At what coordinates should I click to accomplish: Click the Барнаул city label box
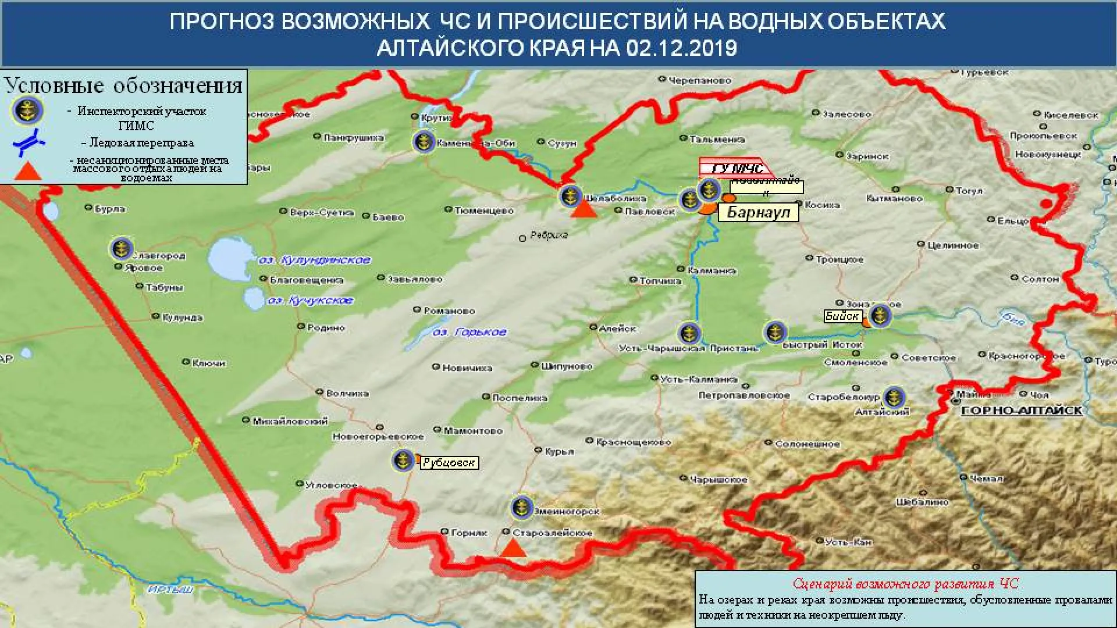[758, 212]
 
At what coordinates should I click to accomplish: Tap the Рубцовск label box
[449, 463]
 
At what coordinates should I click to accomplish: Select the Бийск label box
[842, 316]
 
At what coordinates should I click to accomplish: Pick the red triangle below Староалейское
[513, 548]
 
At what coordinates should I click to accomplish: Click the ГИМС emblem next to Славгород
[122, 249]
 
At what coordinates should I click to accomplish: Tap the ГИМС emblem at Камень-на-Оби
[424, 141]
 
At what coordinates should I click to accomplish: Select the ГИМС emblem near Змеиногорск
[522, 508]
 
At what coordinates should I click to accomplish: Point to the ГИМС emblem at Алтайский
[894, 398]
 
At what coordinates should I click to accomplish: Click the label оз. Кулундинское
[314, 260]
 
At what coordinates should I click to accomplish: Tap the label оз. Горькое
[469, 332]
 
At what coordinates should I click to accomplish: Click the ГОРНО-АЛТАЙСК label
[1022, 411]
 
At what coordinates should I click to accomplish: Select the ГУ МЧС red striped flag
[735, 168]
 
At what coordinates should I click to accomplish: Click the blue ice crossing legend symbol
[28, 142]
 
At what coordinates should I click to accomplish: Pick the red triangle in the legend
[28, 170]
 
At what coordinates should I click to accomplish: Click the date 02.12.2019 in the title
[682, 48]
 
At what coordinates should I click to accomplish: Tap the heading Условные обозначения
[123, 86]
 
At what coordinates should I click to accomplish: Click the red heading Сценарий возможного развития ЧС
[905, 584]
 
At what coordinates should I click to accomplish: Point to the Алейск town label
[617, 329]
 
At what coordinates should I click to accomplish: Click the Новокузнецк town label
[1048, 154]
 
